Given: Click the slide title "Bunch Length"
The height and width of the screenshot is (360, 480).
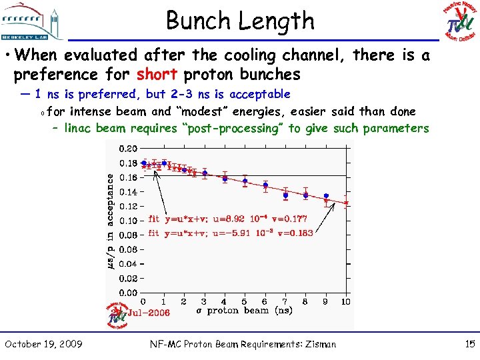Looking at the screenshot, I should [x=239, y=21].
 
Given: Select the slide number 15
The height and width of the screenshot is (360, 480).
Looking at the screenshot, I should [x=468, y=344].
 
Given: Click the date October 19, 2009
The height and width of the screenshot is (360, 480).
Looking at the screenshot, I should [x=43, y=344].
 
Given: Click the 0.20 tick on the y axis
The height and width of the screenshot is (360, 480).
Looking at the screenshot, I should [x=129, y=149].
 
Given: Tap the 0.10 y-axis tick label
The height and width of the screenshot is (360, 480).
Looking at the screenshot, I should [x=129, y=221].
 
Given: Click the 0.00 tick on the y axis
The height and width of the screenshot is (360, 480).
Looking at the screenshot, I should [x=129, y=293].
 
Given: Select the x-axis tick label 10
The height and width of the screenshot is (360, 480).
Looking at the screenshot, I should [x=345, y=302].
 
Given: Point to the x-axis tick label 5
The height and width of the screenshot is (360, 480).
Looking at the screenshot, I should [x=245, y=302].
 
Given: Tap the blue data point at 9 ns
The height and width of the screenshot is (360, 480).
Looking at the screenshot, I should [x=326, y=196].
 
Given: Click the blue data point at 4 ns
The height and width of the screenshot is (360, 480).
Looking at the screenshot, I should [x=225, y=178].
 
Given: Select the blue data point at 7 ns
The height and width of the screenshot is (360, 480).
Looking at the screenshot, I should [x=285, y=195].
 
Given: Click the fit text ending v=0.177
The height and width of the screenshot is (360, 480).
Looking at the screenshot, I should [x=227, y=218].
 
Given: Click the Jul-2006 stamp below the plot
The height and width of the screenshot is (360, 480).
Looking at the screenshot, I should [x=148, y=312].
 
